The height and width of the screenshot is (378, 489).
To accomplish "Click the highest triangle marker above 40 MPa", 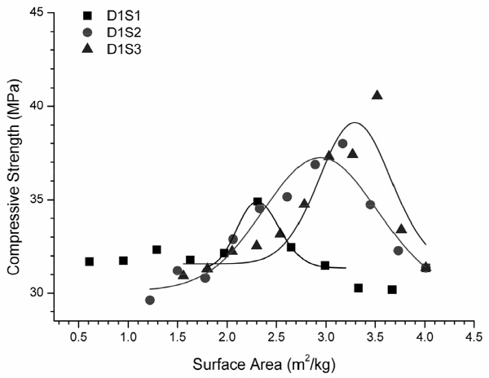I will click(377, 95).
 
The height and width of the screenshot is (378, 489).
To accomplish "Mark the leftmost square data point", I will click(90, 262).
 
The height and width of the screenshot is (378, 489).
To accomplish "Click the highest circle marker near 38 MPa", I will click(342, 144).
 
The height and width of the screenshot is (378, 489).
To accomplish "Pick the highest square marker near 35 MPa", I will click(258, 202).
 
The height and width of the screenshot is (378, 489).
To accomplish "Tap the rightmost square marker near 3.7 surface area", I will click(392, 289).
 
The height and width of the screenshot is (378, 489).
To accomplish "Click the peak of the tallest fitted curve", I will click(355, 123).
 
